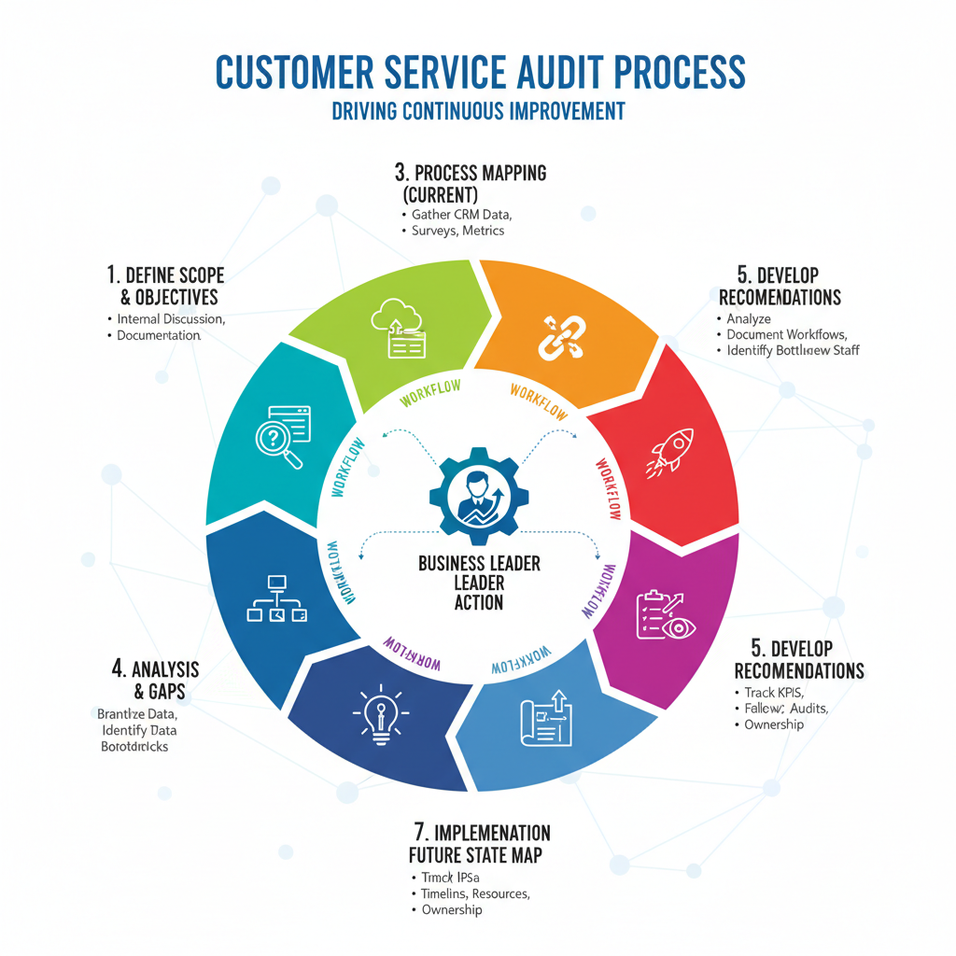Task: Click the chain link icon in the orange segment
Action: tap(560, 337)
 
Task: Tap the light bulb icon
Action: tap(381, 715)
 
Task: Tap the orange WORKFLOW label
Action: tap(539, 401)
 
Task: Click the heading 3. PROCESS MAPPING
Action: tap(470, 173)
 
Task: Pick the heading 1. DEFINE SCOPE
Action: tap(165, 275)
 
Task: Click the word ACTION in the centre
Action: tap(478, 602)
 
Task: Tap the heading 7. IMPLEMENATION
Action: tap(481, 832)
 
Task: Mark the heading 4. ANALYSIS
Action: tap(156, 669)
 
